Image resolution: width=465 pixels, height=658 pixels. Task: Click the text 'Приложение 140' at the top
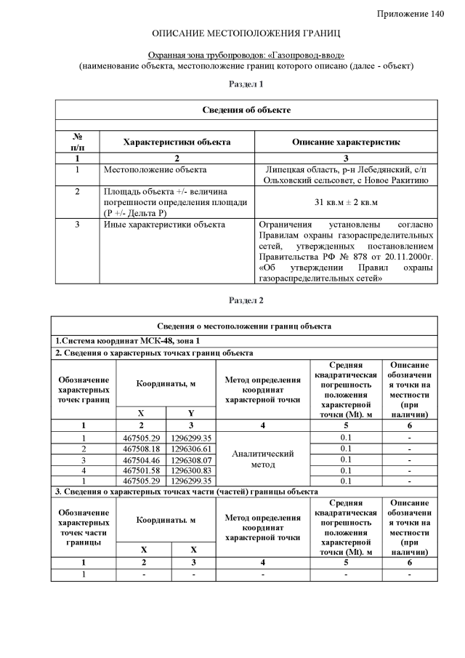(x=411, y=15)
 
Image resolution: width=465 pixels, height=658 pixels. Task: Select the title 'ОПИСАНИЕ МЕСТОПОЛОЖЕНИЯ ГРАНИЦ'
(x=246, y=34)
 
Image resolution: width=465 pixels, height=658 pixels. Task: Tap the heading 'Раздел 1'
(x=246, y=85)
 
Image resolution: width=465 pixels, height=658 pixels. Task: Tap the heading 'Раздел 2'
(x=246, y=300)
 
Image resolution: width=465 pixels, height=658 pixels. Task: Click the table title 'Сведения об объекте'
(x=246, y=110)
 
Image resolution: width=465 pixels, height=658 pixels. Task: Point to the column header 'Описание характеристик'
(x=346, y=142)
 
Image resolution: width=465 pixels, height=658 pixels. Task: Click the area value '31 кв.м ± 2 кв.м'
(x=346, y=201)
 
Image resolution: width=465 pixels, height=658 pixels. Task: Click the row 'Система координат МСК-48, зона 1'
(x=126, y=340)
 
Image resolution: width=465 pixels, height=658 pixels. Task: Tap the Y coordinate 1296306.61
(x=191, y=449)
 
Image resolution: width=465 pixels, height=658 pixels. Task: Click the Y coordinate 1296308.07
(x=191, y=460)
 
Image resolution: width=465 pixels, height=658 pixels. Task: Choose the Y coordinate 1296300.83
(x=191, y=470)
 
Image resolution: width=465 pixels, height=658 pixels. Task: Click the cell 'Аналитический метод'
(x=262, y=459)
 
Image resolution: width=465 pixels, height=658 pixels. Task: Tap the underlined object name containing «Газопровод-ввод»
(x=246, y=55)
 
